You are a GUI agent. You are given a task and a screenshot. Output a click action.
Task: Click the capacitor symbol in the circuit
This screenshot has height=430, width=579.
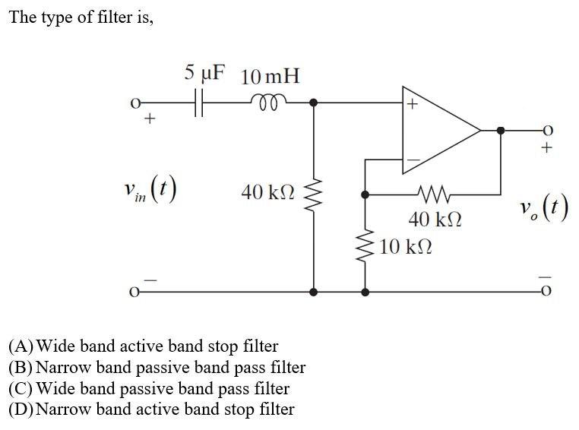[x=200, y=102]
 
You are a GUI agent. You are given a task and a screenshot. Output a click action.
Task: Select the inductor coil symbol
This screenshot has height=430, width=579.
[x=269, y=99]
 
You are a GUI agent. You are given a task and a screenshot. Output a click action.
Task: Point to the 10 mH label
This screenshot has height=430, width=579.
[x=270, y=77]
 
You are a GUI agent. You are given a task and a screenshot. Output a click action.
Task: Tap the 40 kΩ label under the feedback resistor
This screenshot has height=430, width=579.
[x=434, y=220]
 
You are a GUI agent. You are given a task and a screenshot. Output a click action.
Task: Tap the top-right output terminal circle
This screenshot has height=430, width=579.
[x=545, y=131]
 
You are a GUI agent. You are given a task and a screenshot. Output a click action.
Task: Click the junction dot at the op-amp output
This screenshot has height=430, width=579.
[x=499, y=131]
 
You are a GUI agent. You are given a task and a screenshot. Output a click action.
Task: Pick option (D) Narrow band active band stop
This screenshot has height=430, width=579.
[x=151, y=409]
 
